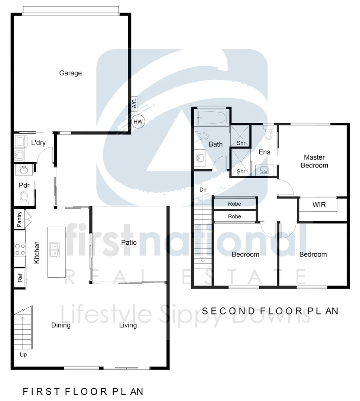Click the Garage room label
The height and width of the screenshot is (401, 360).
click(70, 73)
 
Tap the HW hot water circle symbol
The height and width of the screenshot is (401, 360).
click(138, 121)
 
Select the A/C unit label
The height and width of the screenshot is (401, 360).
click(134, 103)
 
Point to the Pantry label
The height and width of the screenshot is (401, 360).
click(20, 219)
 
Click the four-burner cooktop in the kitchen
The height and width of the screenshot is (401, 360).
click(20, 249)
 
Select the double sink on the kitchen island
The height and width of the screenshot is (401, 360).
click(55, 250)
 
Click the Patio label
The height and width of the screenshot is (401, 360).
click(129, 243)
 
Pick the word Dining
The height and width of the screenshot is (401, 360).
click(61, 326)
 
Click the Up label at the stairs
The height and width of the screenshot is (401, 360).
click(23, 355)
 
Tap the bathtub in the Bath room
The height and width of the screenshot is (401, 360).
click(211, 118)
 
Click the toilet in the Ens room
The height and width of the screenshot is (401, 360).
click(269, 133)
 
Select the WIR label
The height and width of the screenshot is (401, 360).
click(319, 205)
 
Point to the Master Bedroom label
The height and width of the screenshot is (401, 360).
click(314, 161)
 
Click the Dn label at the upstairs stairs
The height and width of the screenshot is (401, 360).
click(203, 190)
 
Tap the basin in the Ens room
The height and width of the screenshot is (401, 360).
click(265, 170)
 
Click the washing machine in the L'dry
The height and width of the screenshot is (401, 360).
click(19, 141)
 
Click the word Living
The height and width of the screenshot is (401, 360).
click(128, 326)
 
